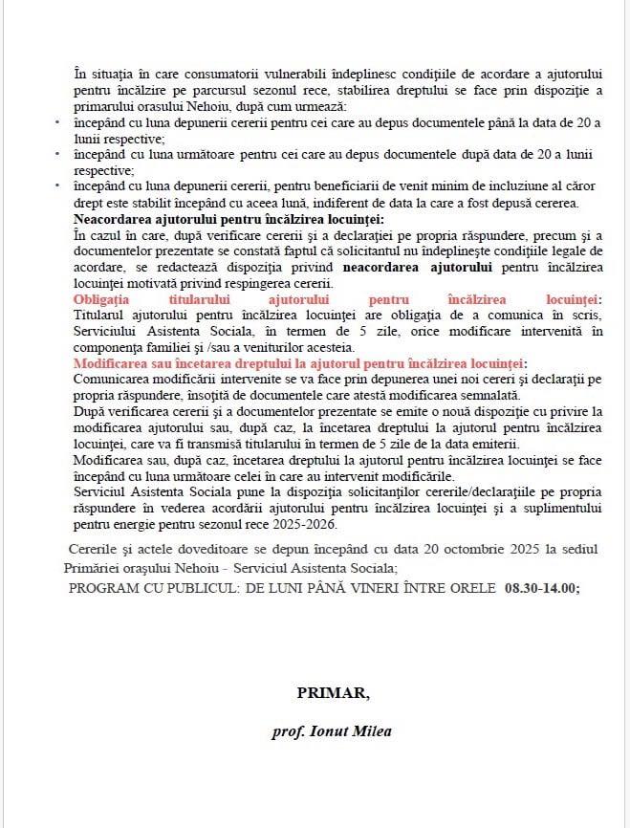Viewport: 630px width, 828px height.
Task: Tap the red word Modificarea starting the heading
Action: pyautogui.click(x=118, y=365)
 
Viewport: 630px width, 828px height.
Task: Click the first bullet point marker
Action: pyautogui.click(x=57, y=122)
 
